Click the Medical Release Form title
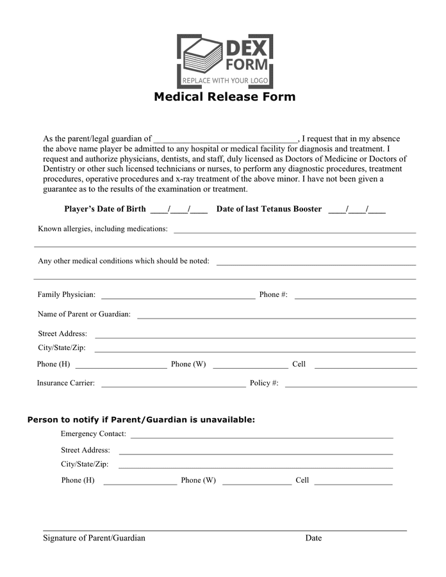click(x=224, y=97)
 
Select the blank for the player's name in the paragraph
click(x=226, y=139)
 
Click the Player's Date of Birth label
click(x=105, y=209)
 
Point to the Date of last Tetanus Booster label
click(x=269, y=209)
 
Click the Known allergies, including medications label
click(x=103, y=229)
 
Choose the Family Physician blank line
click(x=178, y=296)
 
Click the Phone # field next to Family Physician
click(x=355, y=296)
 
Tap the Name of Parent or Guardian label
click(x=84, y=314)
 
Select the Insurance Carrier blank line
click(x=173, y=385)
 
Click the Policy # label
click(x=264, y=383)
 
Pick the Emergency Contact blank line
click(x=261, y=436)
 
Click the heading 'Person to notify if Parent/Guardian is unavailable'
click(x=141, y=420)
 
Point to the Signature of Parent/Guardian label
click(x=94, y=538)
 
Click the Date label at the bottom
click(x=313, y=538)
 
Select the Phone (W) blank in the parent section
click(x=250, y=366)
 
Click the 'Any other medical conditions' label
click(x=124, y=261)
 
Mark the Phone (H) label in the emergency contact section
click(x=78, y=480)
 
